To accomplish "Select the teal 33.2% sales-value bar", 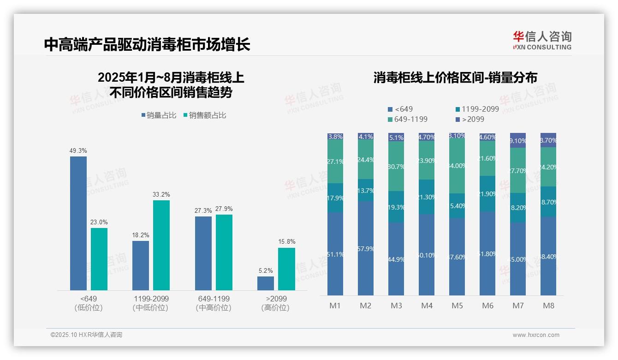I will (x=161, y=245).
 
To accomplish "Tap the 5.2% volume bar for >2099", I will (x=266, y=283).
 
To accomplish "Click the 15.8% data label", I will (x=286, y=242).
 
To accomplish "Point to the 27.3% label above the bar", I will (x=203, y=211).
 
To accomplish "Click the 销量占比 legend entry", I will (x=159, y=115).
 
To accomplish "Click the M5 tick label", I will (x=457, y=306).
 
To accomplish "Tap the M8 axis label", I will (x=548, y=306).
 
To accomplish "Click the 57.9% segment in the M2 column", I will (x=366, y=248).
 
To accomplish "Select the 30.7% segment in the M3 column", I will (x=396, y=166).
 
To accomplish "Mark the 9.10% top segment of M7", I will (x=518, y=140).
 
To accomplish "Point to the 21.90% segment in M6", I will (x=487, y=194).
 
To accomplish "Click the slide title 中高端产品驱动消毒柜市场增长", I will (x=147, y=44).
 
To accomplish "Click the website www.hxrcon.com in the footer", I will (x=536, y=335).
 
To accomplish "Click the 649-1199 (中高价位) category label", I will (x=213, y=303).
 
